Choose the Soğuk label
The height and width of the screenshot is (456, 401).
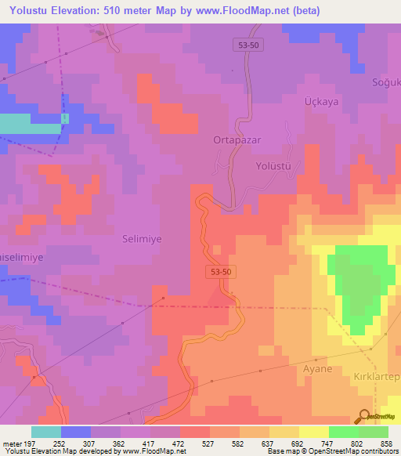tap(385, 82)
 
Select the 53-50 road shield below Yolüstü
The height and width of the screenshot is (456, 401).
tap(221, 271)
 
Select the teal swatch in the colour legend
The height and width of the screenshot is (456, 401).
tap(45, 432)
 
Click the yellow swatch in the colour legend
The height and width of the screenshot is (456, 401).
tap(313, 432)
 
